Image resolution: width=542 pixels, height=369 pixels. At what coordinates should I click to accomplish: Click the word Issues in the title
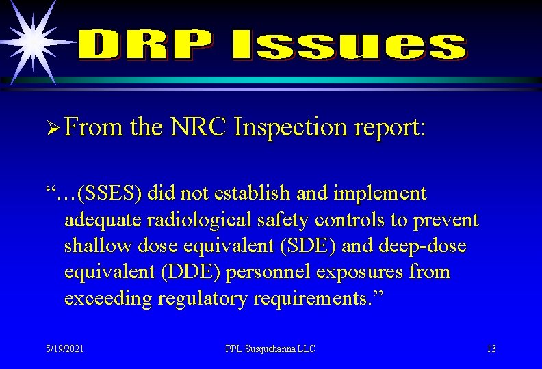tap(347, 45)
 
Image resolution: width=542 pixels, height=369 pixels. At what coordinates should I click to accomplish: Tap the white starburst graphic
tap(31, 41)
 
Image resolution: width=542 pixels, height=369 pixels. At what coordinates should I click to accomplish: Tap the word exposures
tap(367, 272)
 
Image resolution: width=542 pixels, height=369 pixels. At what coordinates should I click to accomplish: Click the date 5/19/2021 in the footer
tap(65, 348)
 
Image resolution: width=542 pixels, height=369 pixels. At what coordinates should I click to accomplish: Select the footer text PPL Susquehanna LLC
tap(270, 348)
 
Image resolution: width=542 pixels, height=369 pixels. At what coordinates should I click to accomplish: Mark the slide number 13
tap(491, 348)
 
